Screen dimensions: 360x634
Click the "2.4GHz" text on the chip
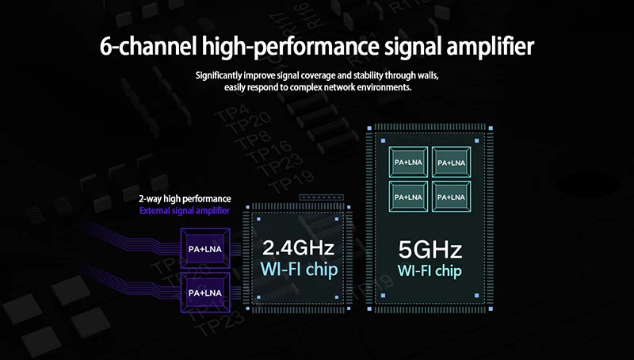click(299, 248)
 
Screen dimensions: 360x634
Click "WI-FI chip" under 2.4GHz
click(299, 270)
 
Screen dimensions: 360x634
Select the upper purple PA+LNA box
click(204, 249)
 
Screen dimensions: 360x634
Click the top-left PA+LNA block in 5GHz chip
click(408, 163)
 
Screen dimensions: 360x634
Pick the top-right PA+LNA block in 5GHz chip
click(451, 163)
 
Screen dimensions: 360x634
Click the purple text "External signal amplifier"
click(184, 211)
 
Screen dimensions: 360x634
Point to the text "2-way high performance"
click(185, 198)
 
